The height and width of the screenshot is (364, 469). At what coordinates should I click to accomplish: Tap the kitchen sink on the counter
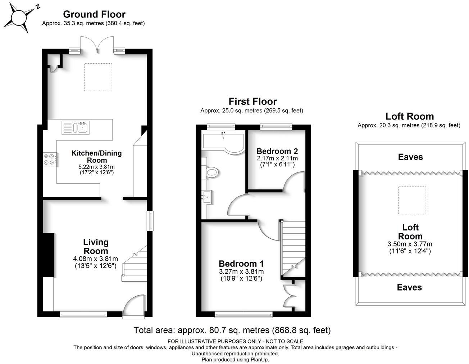[x=81, y=127]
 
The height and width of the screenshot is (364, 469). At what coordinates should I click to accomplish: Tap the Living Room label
[x=96, y=247]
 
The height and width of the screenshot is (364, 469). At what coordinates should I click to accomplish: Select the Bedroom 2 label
[x=277, y=151]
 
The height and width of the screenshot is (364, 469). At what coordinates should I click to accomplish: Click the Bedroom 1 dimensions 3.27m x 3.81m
[x=241, y=271]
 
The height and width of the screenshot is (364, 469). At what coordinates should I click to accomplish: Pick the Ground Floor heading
[x=94, y=14]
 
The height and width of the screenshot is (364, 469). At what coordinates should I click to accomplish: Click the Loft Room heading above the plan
[x=409, y=116]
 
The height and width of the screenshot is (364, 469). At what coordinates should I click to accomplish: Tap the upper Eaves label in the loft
[x=410, y=157]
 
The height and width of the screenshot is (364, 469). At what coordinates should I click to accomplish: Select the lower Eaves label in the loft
[x=409, y=287]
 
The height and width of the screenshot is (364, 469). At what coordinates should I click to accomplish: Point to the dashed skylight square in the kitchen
[x=98, y=77]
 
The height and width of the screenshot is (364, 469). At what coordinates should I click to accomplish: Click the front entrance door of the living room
[x=134, y=307]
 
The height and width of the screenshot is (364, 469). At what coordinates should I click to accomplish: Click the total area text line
[x=232, y=330]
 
